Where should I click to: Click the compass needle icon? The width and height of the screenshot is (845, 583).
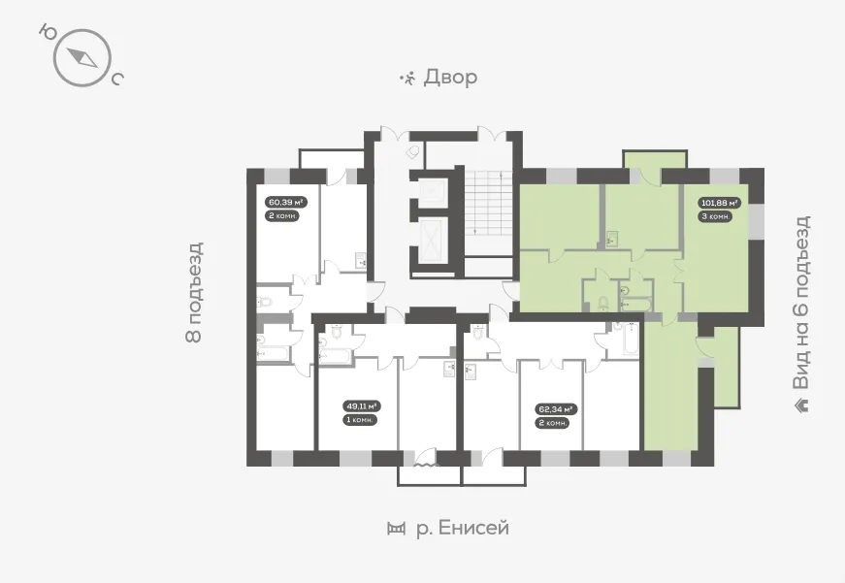click(x=82, y=57)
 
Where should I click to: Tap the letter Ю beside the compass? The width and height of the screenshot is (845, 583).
click(x=48, y=32)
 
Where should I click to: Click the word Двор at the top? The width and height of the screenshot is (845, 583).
click(x=450, y=77)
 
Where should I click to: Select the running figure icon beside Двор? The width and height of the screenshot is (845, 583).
click(x=408, y=79)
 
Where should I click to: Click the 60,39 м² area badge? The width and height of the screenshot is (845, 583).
click(x=285, y=203)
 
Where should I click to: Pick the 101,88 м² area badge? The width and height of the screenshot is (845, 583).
click(x=720, y=203)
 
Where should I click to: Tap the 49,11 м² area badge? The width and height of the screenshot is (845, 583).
click(x=362, y=406)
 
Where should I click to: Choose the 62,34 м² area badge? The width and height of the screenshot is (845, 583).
click(x=557, y=409)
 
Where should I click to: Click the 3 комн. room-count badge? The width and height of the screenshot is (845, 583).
click(x=716, y=216)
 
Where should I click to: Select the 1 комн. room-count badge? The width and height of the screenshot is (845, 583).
click(x=360, y=420)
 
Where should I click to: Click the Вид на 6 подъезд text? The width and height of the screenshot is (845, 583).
click(x=801, y=303)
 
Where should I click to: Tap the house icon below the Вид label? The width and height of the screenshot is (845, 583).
click(x=802, y=405)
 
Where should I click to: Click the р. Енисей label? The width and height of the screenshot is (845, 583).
click(x=463, y=528)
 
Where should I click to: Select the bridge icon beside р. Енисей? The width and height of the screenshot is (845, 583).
click(x=396, y=529)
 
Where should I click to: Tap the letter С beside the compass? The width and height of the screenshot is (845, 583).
click(x=117, y=80)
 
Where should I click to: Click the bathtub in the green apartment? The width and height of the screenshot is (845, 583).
click(x=635, y=305)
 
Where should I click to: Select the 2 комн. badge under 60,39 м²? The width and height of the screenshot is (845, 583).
click(x=282, y=216)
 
